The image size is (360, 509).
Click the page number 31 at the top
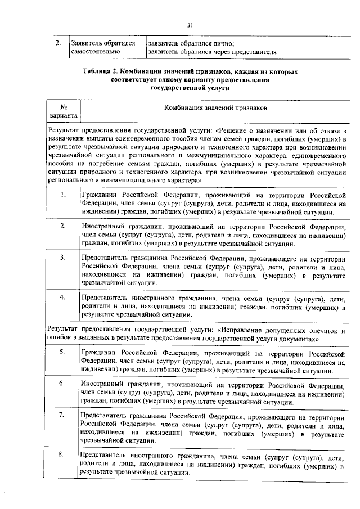[x=190, y=24]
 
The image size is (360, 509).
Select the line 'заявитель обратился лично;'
[x=191, y=43]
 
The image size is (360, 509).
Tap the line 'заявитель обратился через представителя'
[x=211, y=52]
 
